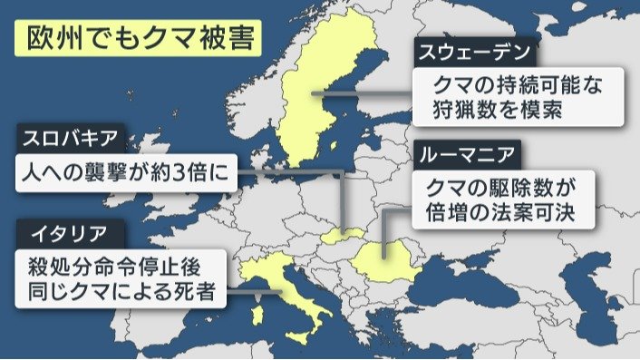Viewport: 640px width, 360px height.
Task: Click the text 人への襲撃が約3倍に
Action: click(x=125, y=172)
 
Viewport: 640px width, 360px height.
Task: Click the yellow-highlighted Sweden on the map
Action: click(x=323, y=91)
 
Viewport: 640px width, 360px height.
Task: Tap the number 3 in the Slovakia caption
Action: click(x=186, y=172)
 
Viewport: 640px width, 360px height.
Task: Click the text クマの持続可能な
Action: click(x=518, y=85)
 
